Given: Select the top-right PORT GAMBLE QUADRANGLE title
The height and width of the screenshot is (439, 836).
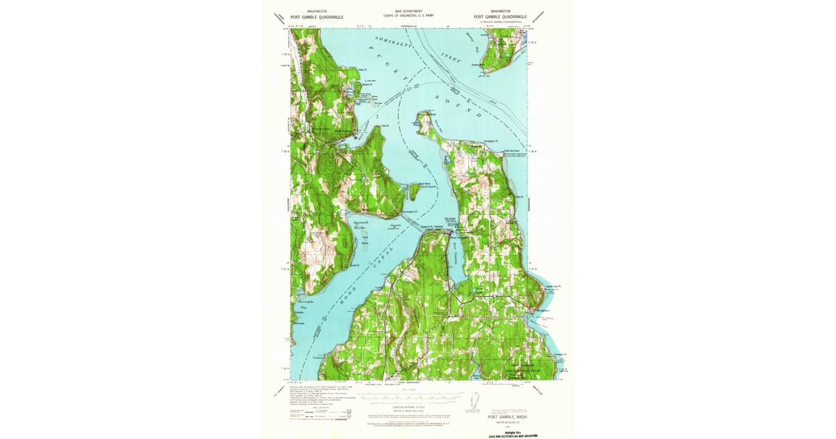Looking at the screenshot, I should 500,17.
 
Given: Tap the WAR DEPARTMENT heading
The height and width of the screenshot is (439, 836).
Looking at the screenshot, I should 409,11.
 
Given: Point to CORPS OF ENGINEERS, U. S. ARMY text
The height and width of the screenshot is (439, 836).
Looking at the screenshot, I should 409,15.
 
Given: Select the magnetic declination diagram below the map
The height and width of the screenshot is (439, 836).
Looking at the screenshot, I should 474,401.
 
